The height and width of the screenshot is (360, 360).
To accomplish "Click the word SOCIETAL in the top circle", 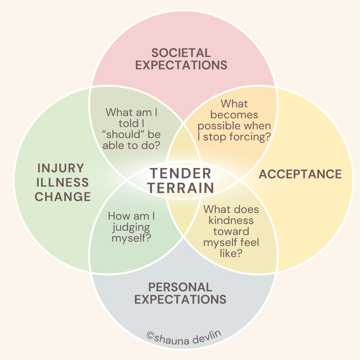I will pyautogui.click(x=181, y=53).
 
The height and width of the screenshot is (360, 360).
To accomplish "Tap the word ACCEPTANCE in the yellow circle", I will pyautogui.click(x=300, y=174).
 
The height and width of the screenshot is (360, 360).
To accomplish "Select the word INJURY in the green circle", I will pyautogui.click(x=61, y=168).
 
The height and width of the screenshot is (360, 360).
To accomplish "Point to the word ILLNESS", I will pyautogui.click(x=63, y=182).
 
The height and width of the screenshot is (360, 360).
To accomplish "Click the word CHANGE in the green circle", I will pyautogui.click(x=63, y=197).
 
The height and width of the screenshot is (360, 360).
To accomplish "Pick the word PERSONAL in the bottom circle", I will pyautogui.click(x=180, y=287).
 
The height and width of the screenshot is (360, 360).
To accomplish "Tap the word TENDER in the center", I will pyautogui.click(x=180, y=174).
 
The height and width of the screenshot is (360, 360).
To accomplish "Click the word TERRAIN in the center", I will pyautogui.click(x=181, y=188).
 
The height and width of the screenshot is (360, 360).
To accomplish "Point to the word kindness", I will pyautogui.click(x=231, y=220).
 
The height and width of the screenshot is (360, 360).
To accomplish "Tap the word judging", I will pyautogui.click(x=131, y=227).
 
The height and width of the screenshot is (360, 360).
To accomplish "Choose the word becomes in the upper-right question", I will pyautogui.click(x=234, y=115).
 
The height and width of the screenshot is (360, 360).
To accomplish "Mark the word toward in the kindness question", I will pyautogui.click(x=231, y=231).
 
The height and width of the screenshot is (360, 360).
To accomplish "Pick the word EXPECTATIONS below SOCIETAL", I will pyautogui.click(x=181, y=65).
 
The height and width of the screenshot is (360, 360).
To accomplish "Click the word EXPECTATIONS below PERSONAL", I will pyautogui.click(x=180, y=299).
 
